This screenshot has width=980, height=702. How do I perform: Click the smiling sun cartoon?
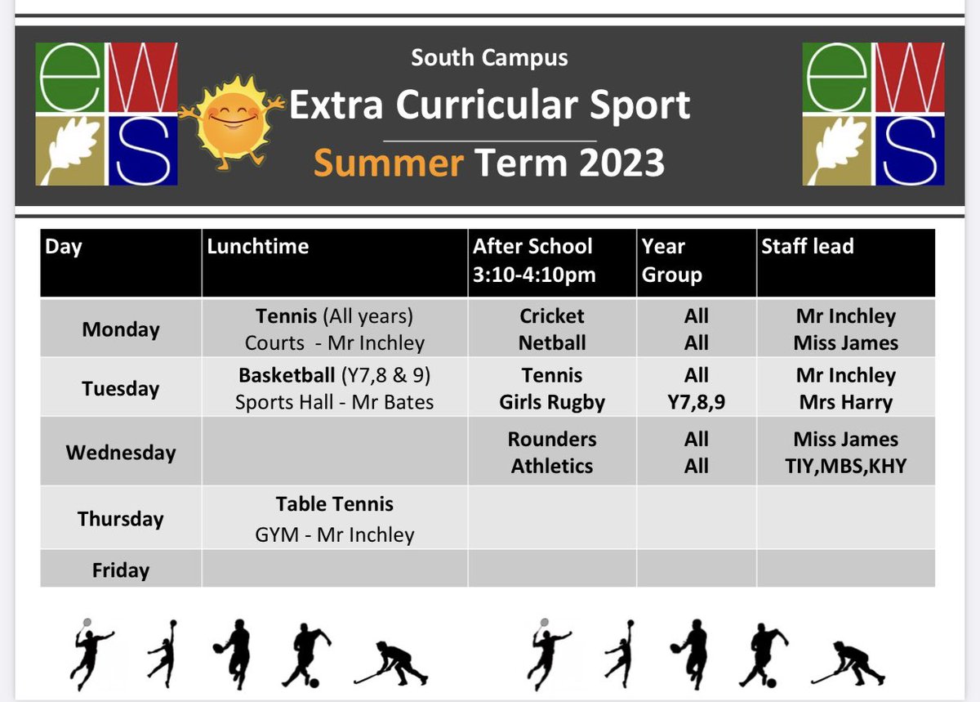coord(231,122)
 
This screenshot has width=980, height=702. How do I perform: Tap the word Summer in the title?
coord(389,163)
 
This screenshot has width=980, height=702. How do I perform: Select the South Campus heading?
coord(489,58)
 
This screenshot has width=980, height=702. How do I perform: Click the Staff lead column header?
coord(807,246)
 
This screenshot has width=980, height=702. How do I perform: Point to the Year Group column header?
coord(671,261)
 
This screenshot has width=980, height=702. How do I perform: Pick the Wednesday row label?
coord(121,453)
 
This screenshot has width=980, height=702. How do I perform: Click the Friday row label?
coord(121,570)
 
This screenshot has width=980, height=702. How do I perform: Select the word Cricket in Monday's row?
coord(552,316)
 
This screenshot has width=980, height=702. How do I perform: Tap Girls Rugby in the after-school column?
coord(552,402)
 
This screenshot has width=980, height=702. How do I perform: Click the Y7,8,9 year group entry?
coord(696,402)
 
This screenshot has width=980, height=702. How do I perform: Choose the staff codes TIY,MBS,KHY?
coord(846,467)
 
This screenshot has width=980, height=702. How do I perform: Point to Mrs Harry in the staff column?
coord(846,402)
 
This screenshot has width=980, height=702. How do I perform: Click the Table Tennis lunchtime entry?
coord(334,504)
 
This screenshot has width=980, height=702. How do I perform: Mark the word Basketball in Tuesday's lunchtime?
coord(287,375)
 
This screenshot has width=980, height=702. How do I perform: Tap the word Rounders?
coord(552,439)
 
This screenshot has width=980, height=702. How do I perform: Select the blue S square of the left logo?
coord(143,150)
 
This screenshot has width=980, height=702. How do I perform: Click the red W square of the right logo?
coord(910,77)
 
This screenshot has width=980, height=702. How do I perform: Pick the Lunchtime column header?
coord(258,246)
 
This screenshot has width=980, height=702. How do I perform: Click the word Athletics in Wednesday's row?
coord(552,467)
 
